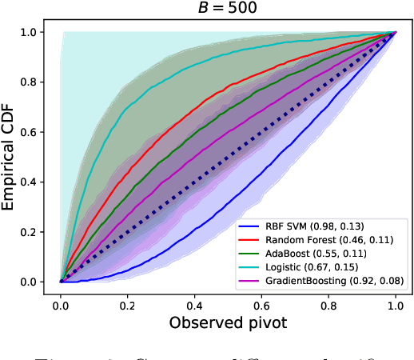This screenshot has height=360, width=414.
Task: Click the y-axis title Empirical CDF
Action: point(11,157)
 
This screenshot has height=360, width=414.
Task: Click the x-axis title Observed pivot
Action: point(228,322)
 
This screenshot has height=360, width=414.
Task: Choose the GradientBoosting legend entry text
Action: point(336,280)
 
